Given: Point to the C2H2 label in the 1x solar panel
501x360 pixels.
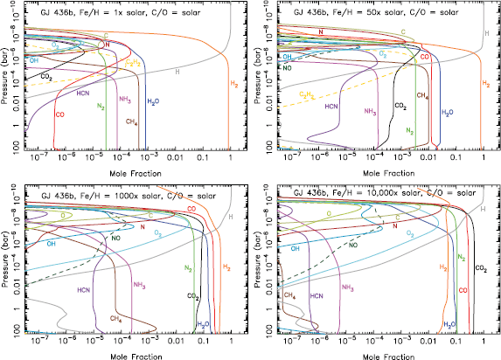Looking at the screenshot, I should point(132,63).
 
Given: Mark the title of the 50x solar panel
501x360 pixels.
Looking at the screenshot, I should point(370,9).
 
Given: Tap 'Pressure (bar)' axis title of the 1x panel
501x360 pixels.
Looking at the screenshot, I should point(7,83).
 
